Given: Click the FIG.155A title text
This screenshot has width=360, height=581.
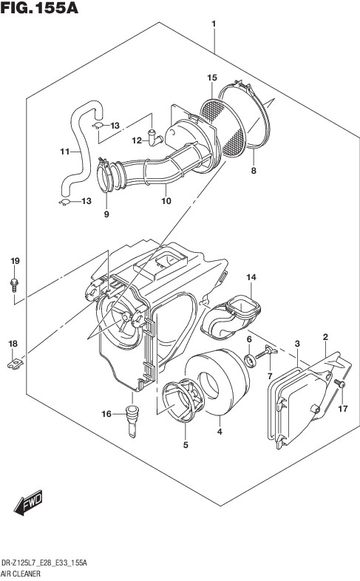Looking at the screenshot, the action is (39, 7).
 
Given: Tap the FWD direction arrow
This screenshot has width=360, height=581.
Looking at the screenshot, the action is (29, 503).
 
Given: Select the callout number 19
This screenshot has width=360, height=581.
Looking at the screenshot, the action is (15, 261).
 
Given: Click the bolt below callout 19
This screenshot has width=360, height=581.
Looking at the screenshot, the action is (15, 284).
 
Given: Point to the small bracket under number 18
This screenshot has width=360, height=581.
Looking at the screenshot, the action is (16, 363).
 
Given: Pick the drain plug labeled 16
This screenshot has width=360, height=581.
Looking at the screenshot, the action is (132, 421).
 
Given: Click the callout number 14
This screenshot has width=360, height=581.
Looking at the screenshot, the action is (251, 277).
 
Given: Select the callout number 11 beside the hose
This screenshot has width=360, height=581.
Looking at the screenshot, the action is (65, 152).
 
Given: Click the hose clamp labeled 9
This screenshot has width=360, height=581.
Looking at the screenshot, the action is (105, 175).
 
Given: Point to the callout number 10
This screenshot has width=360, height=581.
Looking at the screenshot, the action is (166, 201).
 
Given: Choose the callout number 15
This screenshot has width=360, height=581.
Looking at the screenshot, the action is (212, 78).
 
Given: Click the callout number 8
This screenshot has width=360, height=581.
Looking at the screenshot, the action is (254, 171).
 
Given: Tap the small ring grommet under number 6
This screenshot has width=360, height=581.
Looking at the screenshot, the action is (251, 360).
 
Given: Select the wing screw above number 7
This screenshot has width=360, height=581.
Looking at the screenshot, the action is (268, 352).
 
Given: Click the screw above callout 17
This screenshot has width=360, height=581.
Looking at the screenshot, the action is (339, 384).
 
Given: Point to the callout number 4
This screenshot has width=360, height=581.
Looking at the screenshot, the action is (220, 432).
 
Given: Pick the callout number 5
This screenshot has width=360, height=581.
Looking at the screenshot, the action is (186, 445).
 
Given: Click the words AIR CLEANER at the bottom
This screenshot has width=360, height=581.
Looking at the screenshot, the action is (21, 574).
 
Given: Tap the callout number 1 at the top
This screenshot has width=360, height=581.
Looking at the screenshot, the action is (214, 24).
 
